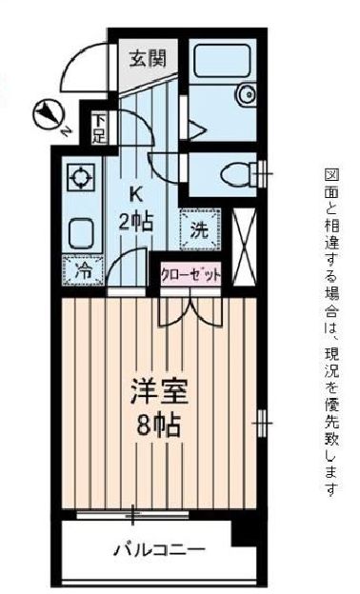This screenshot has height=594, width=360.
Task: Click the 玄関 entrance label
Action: coord(149,57)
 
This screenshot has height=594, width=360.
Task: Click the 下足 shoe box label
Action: coord(99,128)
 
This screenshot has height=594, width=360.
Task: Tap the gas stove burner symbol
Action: coord(80,177)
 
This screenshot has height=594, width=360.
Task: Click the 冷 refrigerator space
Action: coord(83,269)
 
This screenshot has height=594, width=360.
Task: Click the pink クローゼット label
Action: coord(190,274)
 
